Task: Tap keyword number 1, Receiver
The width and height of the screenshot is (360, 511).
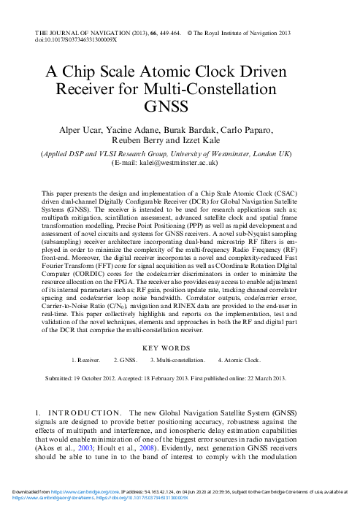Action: [88, 361]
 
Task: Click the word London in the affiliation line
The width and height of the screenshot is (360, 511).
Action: [266, 154]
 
